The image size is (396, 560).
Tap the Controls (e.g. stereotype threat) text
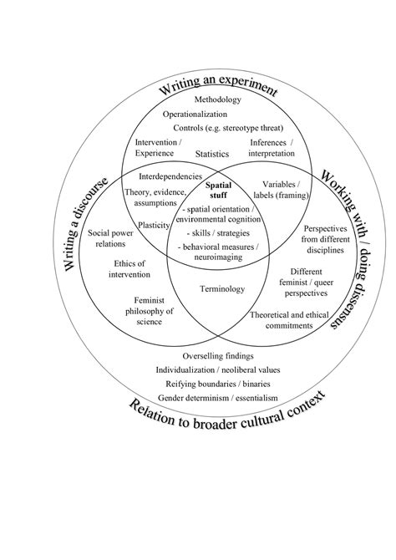pyautogui.click(x=228, y=128)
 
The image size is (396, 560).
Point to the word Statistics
pyautogui.click(x=212, y=155)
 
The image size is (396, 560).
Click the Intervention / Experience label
pyautogui.click(x=156, y=148)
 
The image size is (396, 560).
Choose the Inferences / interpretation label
pyautogui.click(x=268, y=148)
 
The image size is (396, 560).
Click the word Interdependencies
pyautogui.click(x=170, y=176)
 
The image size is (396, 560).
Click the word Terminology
pyautogui.click(x=221, y=289)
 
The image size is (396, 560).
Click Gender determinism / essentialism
pyautogui.click(x=217, y=397)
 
